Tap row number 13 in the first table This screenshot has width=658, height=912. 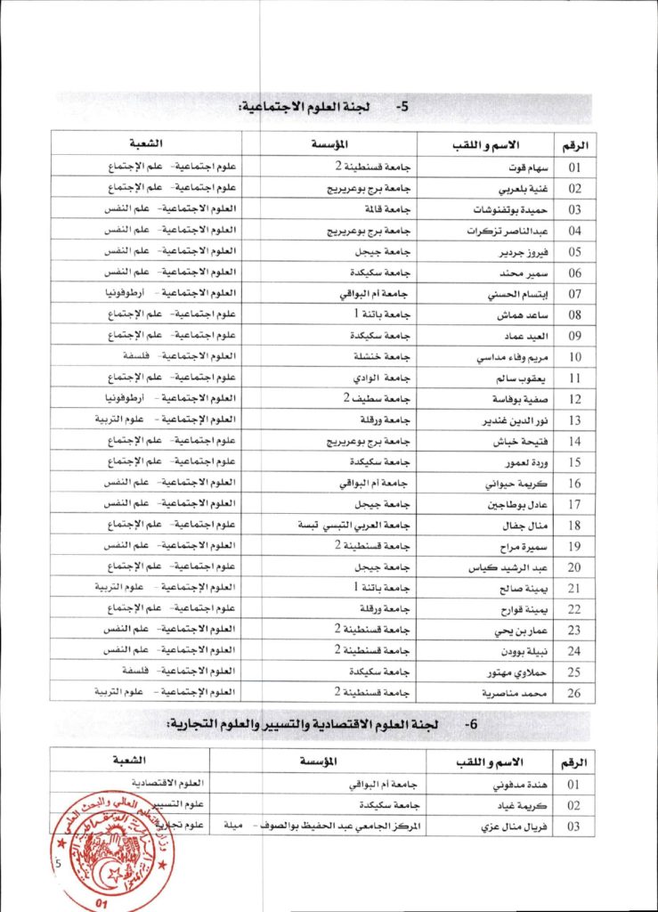pyautogui.click(x=574, y=420)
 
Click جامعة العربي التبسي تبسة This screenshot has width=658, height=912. pyautogui.click(x=356, y=526)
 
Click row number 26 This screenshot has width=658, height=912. pyautogui.click(x=574, y=692)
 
